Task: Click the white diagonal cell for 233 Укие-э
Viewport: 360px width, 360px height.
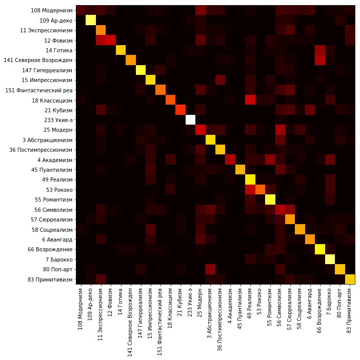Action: (x=190, y=119)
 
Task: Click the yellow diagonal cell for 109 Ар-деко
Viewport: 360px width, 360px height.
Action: (x=90, y=20)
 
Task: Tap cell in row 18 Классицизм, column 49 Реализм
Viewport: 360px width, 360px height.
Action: (x=250, y=99)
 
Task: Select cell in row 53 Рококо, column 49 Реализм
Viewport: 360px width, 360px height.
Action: (x=250, y=189)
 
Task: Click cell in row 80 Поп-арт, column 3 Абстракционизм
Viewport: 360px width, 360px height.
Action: (x=210, y=269)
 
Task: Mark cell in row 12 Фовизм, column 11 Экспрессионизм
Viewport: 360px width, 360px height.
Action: (x=101, y=40)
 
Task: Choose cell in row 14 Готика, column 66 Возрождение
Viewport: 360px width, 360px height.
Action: (x=320, y=50)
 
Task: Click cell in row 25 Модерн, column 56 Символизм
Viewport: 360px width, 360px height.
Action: (x=280, y=129)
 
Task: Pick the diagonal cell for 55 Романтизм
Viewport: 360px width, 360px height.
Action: (x=270, y=199)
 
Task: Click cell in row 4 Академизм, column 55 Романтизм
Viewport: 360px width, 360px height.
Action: (x=270, y=159)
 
